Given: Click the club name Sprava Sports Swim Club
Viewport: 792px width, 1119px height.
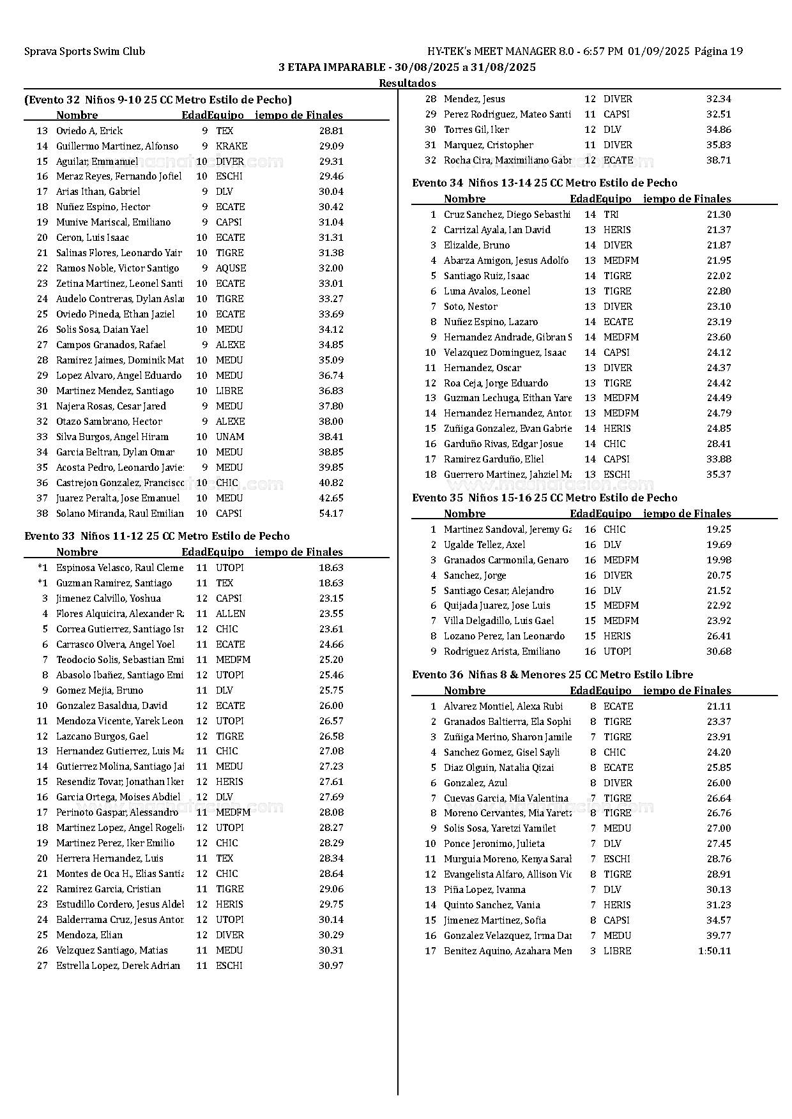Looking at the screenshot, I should tap(84, 52).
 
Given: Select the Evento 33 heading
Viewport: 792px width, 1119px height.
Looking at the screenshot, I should tap(156, 536).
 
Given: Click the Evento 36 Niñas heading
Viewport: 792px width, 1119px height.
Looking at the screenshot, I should tap(552, 674).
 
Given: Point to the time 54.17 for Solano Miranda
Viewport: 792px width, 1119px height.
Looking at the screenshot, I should tap(331, 514).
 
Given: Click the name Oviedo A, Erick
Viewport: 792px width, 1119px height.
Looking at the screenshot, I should tap(89, 130).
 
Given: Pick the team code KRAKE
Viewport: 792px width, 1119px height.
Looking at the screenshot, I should tap(231, 146).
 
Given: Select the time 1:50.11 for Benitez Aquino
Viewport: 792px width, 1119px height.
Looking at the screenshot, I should tap(715, 950).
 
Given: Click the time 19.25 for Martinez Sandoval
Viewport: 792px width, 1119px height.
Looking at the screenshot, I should tap(719, 529).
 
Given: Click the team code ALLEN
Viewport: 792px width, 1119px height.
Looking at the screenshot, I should tap(230, 613).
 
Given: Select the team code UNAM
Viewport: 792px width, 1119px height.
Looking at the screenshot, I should tap(229, 437).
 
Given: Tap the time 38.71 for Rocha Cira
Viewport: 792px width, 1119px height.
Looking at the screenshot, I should tap(719, 160).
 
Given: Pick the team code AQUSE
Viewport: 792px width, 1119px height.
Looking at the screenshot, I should tap(231, 268).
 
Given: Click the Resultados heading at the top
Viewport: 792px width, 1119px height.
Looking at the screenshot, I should tap(407, 83).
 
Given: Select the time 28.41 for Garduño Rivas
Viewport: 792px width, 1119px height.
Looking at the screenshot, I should tap(719, 444).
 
